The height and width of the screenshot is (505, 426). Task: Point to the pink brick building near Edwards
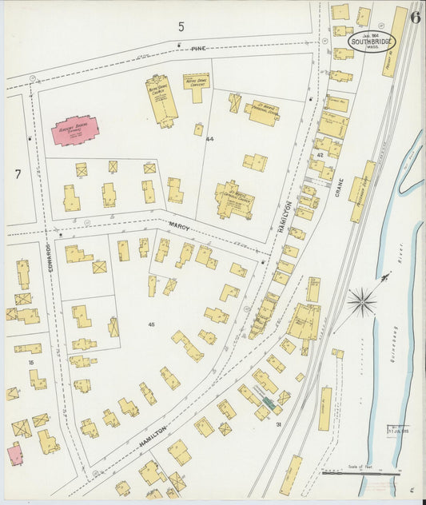pos(75,130)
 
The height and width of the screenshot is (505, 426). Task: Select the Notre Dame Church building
pos(162,99)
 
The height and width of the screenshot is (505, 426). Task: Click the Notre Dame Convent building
pos(196,85)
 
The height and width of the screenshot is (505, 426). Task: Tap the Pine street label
pos(198,49)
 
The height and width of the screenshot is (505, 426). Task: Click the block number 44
pos(210,139)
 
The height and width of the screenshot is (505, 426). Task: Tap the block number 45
pos(152,324)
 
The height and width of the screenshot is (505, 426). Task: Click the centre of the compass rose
pos(362,301)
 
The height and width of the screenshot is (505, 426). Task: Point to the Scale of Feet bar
pos(362,473)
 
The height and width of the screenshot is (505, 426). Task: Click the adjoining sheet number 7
pos(17,173)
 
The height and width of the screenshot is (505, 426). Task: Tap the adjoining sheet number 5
pos(181,26)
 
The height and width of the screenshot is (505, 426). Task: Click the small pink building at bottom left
pos(15,455)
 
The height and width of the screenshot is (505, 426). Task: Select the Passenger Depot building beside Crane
pos(361,191)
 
